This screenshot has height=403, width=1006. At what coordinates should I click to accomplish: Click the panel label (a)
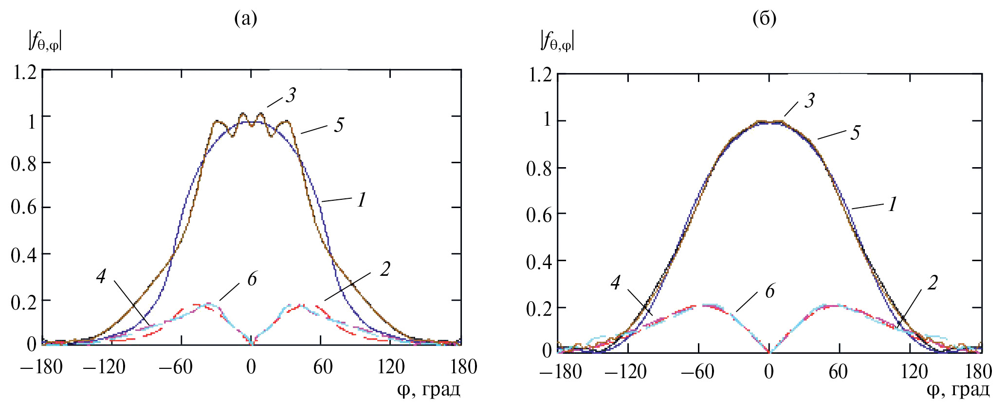pos(246,19)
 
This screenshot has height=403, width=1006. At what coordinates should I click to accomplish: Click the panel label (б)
pos(765,19)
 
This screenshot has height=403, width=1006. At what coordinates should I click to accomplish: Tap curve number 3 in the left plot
pos(291,95)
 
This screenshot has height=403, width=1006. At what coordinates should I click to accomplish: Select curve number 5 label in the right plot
pos(856,133)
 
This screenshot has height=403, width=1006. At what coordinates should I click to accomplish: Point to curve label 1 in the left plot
pos(361,200)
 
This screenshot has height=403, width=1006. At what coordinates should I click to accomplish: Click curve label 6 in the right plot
pos(770,291)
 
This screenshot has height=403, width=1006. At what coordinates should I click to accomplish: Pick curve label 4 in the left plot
pos(101,276)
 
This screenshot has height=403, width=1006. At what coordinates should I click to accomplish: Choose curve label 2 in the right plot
pos(933,283)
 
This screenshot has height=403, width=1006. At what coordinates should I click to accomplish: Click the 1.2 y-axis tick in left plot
pos(25,73)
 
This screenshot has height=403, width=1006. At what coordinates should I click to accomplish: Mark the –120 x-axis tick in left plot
pos(105,367)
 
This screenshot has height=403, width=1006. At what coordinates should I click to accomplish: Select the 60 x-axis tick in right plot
pos(838,372)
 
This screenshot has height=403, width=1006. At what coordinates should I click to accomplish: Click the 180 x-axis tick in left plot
pos(464,367)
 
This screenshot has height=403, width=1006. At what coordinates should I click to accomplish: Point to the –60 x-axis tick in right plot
pos(697,372)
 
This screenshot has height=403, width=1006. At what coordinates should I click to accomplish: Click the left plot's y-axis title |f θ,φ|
pos(45,41)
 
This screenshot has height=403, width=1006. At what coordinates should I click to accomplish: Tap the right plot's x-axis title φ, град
pos(958,389)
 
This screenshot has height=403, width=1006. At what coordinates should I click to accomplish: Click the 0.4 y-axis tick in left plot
pos(24,255)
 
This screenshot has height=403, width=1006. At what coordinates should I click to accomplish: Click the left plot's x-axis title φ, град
pos(428,389)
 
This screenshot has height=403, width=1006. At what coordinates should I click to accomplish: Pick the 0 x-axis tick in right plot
pos(769,372)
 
